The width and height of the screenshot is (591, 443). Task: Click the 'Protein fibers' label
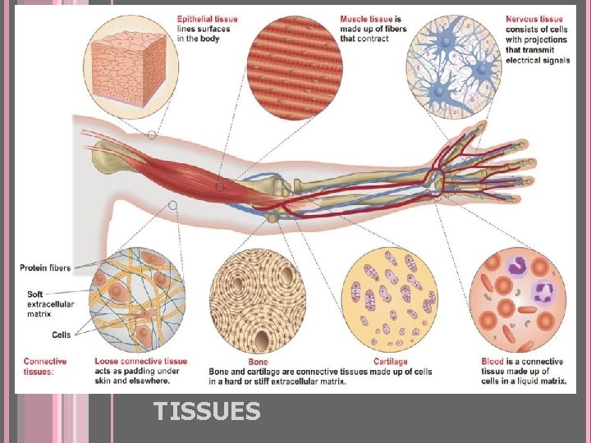pos(45,267)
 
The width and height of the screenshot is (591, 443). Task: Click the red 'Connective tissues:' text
pos(45,366)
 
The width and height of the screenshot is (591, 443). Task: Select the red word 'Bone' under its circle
pos(257,362)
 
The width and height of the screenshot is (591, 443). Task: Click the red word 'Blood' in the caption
pos(493,362)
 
